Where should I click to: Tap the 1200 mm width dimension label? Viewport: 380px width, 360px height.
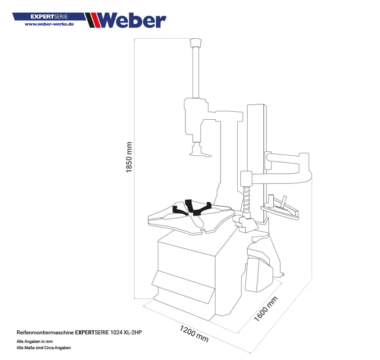194,333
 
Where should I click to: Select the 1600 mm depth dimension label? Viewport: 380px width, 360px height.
266,309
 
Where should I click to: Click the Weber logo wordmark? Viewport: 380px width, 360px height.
131,20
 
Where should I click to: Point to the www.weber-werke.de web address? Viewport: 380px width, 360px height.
49,24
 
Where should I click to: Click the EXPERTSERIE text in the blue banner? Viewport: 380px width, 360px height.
49,17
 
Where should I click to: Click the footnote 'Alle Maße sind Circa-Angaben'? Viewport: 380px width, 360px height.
44,348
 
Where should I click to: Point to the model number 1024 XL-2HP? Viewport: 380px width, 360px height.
128,332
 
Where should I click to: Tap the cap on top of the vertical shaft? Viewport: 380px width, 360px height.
195,42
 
